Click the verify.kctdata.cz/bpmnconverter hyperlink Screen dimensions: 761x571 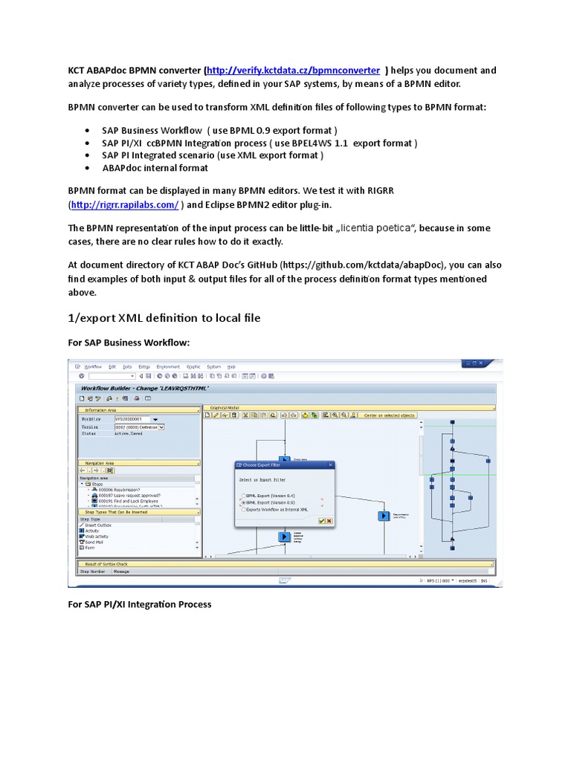[294, 71]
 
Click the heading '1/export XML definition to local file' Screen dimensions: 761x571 [164, 317]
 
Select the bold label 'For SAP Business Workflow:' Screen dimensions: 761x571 [129, 342]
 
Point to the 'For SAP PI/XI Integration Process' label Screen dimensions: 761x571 [140, 604]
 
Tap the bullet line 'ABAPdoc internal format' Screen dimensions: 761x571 [155, 168]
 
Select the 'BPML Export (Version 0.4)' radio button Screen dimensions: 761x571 [242, 495]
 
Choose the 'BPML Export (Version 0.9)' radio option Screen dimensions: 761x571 [242, 502]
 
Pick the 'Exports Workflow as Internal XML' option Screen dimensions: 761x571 [242, 509]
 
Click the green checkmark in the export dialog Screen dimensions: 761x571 [321, 521]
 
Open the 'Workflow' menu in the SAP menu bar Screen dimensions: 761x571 [93, 366]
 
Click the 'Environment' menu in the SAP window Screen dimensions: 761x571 [168, 366]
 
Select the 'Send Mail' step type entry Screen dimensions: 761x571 [94, 542]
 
